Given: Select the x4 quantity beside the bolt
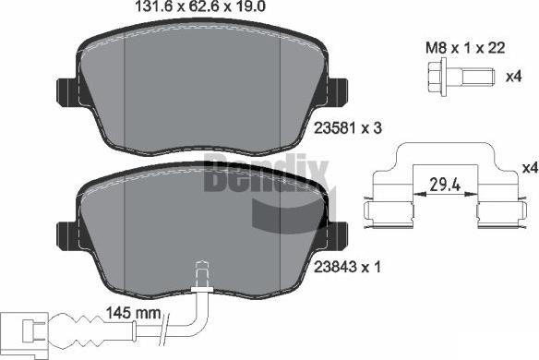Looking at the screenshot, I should coord(514,77).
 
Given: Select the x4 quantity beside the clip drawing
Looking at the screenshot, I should coord(529,168).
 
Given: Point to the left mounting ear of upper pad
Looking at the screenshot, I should coord(67,91).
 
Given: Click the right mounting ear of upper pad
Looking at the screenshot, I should coord(336,91).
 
